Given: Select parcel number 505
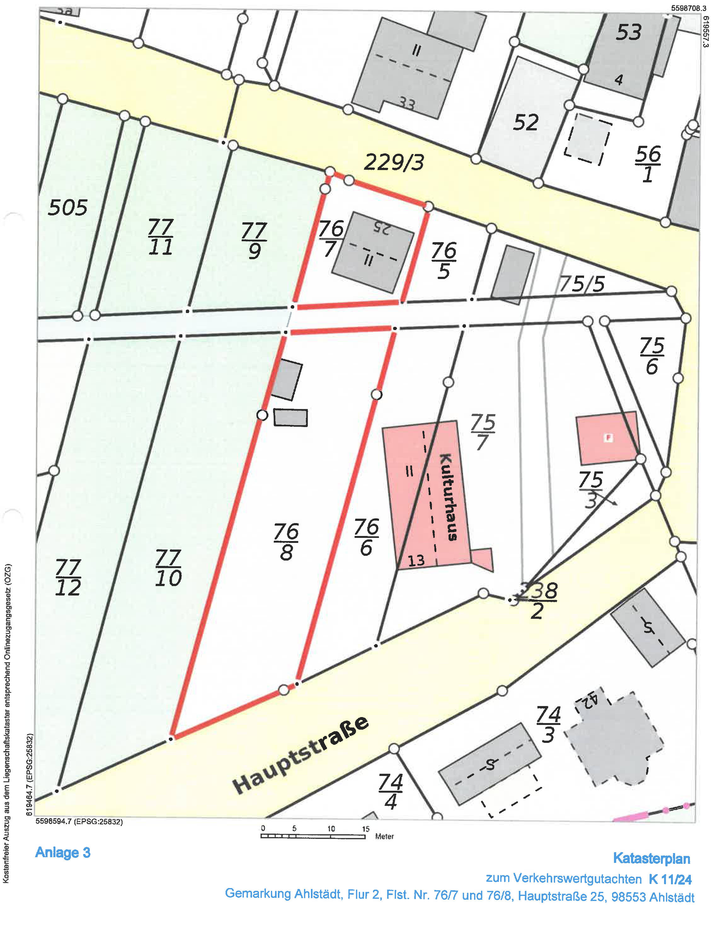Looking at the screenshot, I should coord(67,208).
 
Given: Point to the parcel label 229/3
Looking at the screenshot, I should coord(393,162).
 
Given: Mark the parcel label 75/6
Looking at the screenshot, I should coord(652,356).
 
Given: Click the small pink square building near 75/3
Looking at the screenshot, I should coord(607,438).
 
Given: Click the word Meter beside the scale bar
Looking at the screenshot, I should coord(384,836).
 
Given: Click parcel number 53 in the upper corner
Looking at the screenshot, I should coord(628,32).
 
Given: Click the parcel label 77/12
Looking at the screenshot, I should coord(68,578).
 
